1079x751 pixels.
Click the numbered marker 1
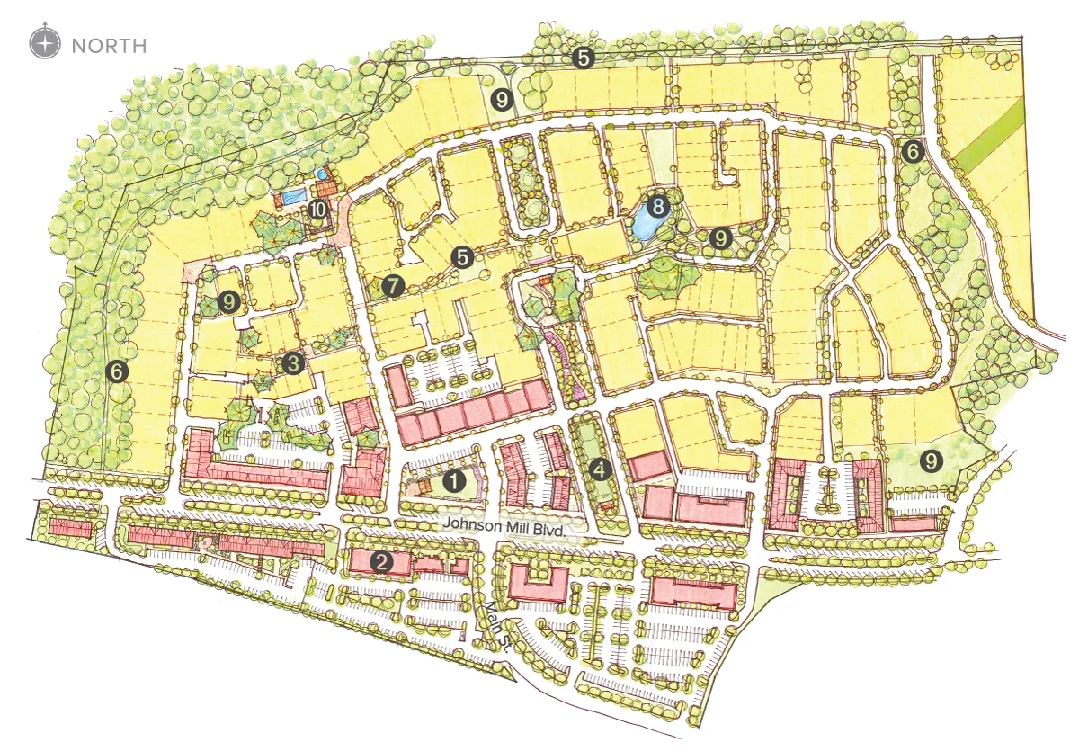(456, 481)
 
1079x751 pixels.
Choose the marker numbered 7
(392, 286)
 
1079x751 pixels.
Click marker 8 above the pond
(659, 206)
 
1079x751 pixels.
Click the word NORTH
(108, 44)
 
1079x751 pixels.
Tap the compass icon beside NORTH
(44, 43)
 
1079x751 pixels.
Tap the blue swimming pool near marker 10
(290, 195)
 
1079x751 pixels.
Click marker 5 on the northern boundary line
(584, 58)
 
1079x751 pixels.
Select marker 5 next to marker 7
(463, 257)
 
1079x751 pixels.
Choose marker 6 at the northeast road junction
(913, 152)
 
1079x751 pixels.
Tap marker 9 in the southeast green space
(932, 461)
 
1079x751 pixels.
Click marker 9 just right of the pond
(719, 238)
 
